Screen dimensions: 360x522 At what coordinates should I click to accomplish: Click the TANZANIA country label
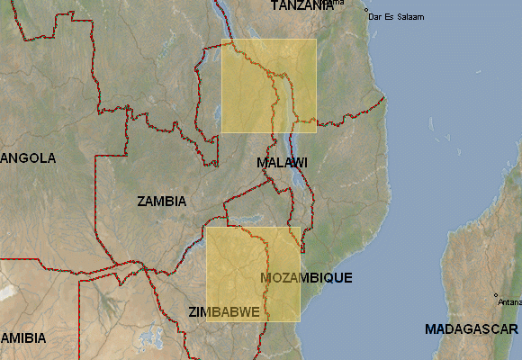tap(302, 5)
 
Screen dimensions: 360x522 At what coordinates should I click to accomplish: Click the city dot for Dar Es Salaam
tap(366, 11)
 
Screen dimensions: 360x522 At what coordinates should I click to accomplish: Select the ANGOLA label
tap(28, 158)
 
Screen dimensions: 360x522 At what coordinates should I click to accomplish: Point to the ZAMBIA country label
tap(162, 201)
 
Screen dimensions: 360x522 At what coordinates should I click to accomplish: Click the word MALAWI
tap(282, 163)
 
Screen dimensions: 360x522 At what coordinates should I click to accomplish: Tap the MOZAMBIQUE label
tap(306, 277)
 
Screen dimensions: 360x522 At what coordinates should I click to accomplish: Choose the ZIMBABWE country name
tap(224, 311)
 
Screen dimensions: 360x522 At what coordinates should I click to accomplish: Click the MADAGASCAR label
tap(472, 328)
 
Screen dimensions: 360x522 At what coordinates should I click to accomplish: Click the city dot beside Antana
tap(496, 294)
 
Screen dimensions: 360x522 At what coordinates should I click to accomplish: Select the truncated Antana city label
tap(509, 302)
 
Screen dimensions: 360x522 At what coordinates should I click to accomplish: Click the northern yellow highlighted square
tap(268, 85)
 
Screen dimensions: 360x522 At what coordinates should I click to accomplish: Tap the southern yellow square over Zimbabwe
tap(253, 274)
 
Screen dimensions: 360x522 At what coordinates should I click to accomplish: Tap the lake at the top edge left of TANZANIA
tap(219, 11)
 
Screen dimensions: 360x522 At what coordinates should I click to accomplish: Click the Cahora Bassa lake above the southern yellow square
tap(241, 220)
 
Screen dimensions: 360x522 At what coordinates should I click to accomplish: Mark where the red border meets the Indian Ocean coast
tap(385, 97)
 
